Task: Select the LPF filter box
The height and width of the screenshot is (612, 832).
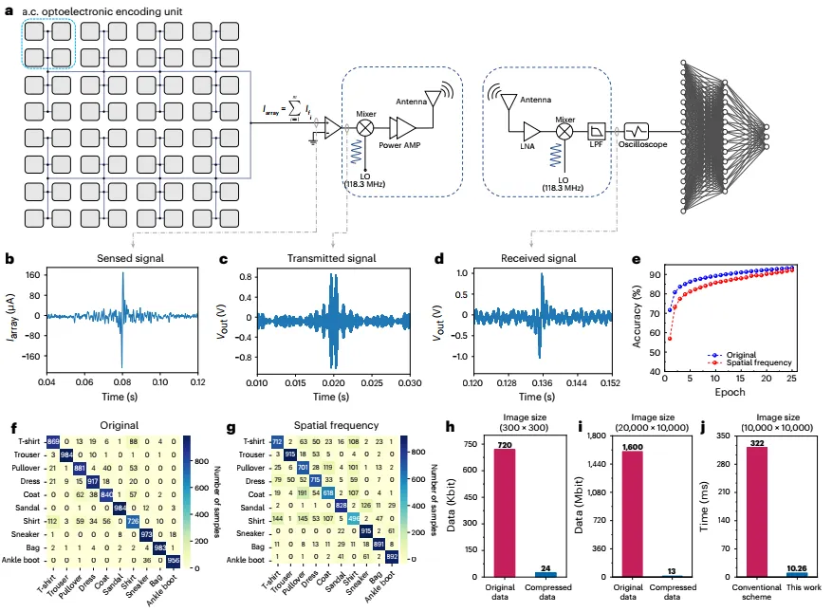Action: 597,131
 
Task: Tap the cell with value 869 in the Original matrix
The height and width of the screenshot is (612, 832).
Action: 54,442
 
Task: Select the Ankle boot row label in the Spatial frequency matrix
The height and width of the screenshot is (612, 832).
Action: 248,560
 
